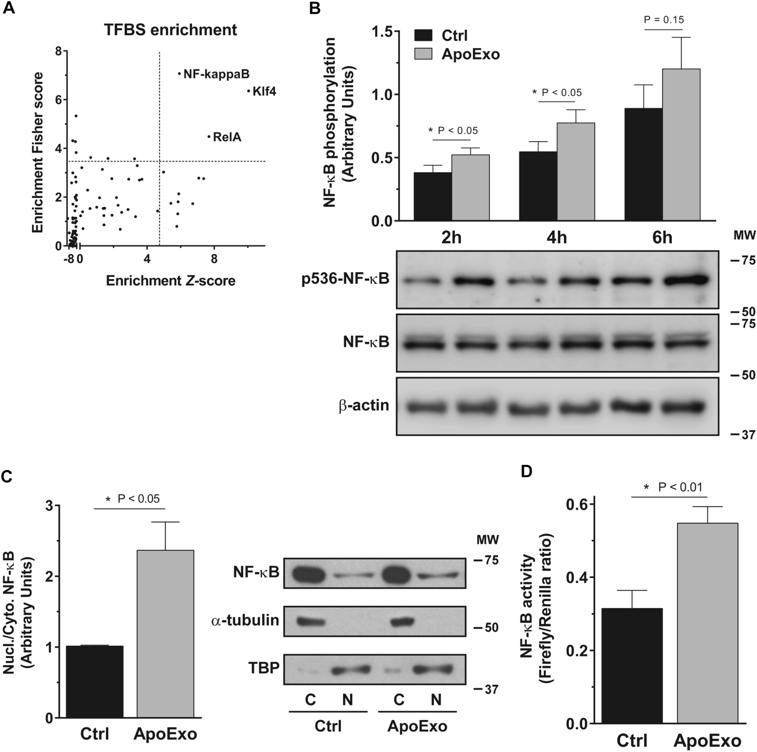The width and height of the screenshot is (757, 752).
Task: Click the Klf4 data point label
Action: (264, 92)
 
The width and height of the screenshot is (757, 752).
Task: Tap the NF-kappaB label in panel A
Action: (216, 74)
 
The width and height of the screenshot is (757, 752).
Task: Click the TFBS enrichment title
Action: (170, 30)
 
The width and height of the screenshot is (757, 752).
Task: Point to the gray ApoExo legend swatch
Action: (423, 54)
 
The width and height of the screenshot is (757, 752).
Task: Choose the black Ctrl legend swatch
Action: (423, 35)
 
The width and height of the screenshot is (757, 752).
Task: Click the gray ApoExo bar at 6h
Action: (681, 145)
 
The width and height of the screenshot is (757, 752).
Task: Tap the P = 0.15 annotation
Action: (664, 20)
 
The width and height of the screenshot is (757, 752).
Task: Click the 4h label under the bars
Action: (556, 238)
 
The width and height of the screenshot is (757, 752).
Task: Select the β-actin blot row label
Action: (364, 405)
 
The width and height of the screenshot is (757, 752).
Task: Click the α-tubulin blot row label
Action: (245, 620)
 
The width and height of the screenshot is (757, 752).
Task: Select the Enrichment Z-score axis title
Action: (170, 281)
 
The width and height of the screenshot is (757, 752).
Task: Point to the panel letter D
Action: (526, 471)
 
